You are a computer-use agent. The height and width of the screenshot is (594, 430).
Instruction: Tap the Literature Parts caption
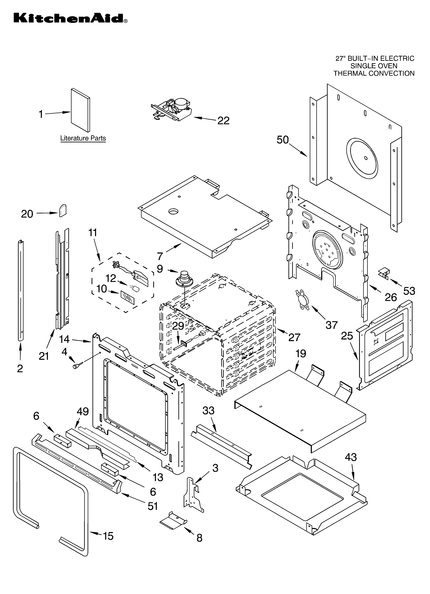(83, 138)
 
